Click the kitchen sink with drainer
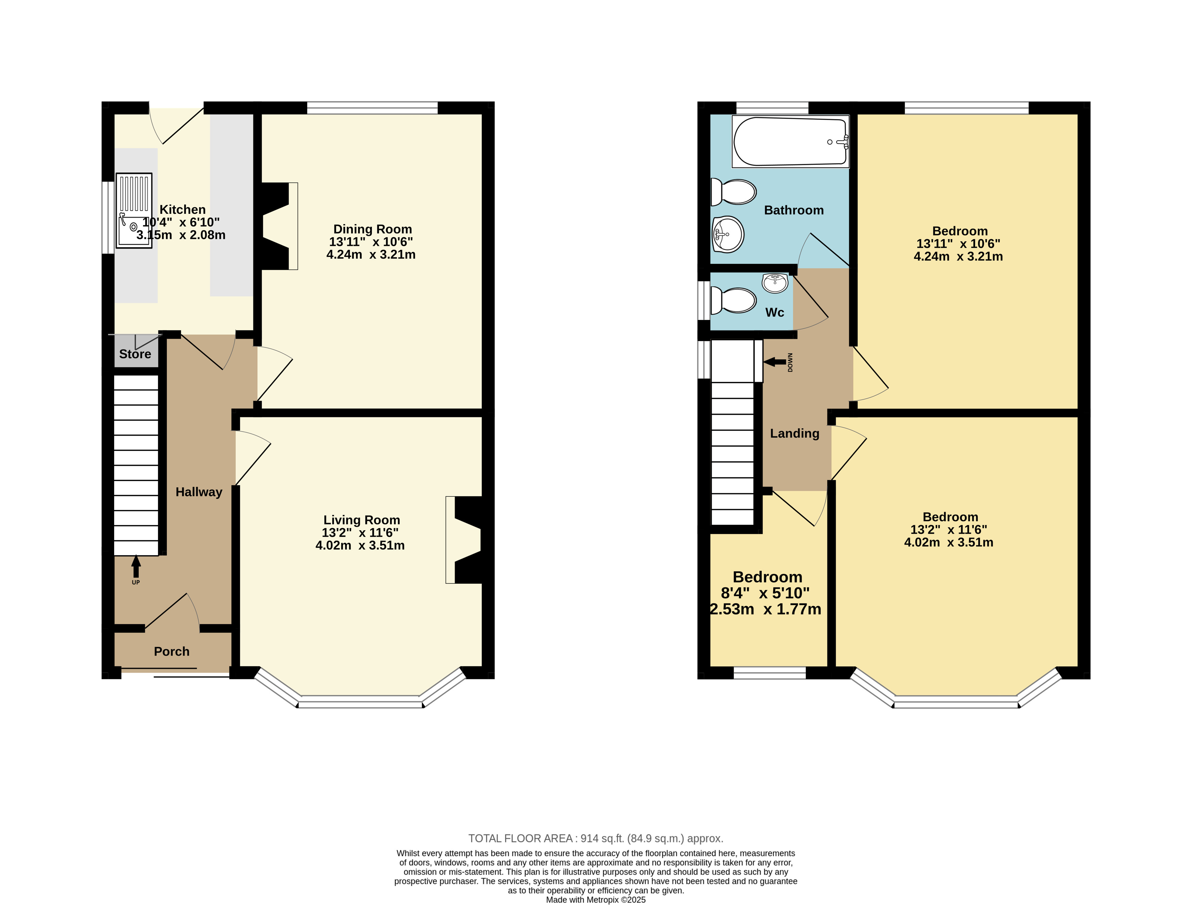(x=134, y=210)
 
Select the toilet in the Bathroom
(x=733, y=192)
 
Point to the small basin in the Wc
(x=775, y=283)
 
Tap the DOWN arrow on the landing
(x=774, y=362)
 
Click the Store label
(x=135, y=354)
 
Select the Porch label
(x=172, y=652)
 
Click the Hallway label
(x=199, y=492)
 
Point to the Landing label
(x=795, y=433)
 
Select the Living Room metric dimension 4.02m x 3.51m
(x=360, y=545)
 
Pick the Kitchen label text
(x=183, y=210)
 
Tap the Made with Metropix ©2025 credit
(x=596, y=900)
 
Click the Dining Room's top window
(x=373, y=108)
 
